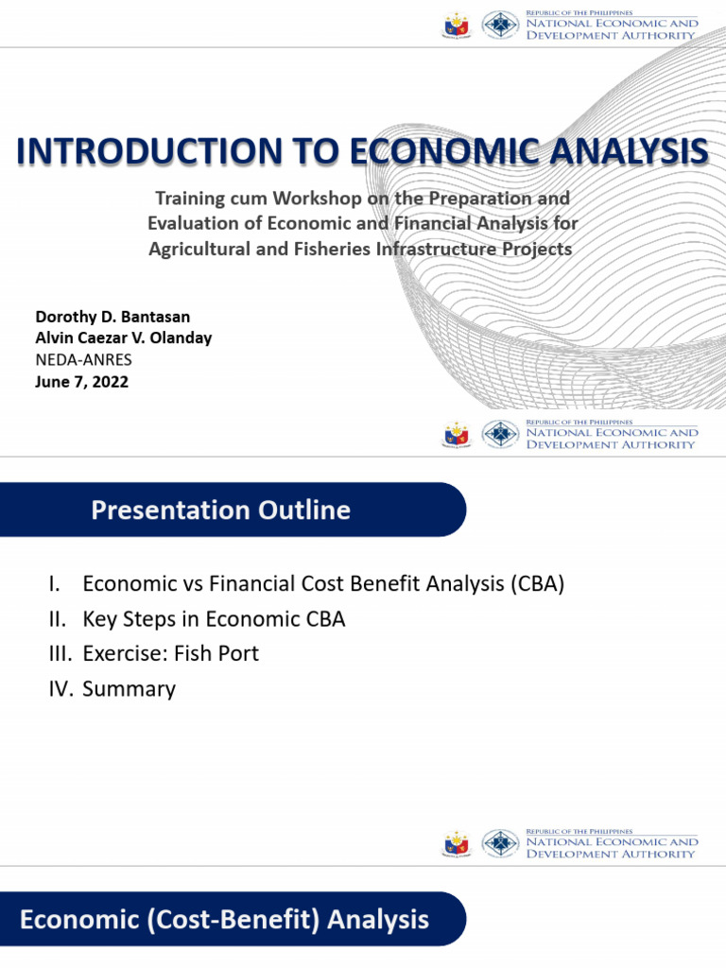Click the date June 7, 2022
[81, 383]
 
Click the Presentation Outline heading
[220, 511]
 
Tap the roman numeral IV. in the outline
[60, 689]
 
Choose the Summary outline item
[129, 689]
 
